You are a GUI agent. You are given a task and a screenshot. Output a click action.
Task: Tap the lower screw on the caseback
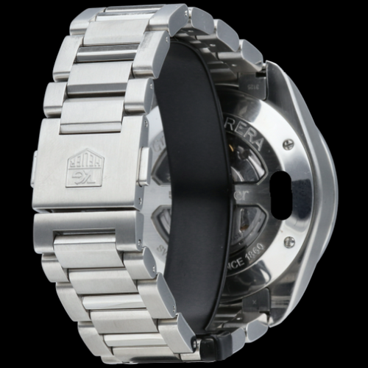click(x=290, y=241)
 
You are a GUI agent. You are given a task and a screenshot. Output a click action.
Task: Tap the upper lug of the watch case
click(x=254, y=74)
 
